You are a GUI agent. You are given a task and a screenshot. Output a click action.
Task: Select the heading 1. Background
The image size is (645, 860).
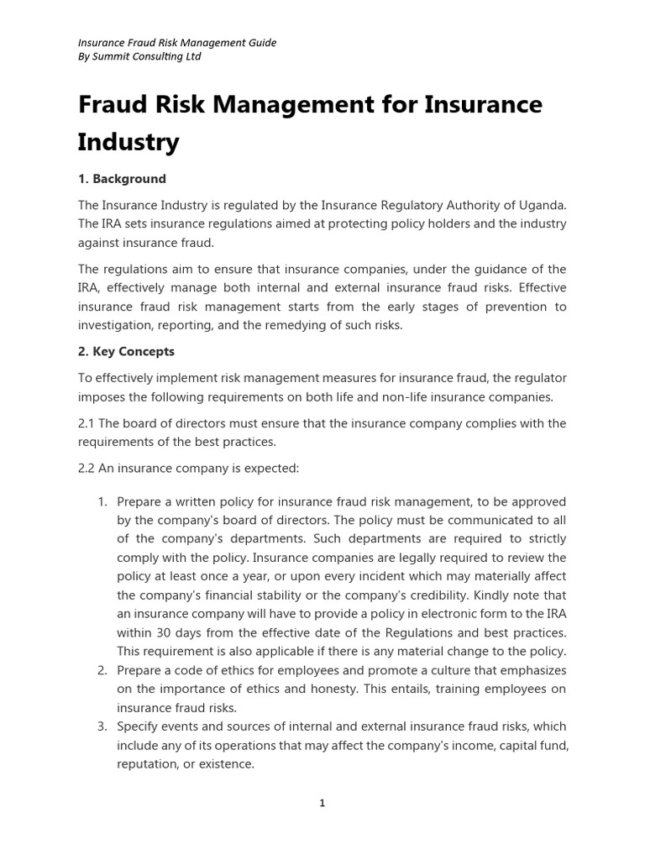(x=122, y=179)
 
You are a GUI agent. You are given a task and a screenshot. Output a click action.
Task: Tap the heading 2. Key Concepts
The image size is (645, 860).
(x=126, y=351)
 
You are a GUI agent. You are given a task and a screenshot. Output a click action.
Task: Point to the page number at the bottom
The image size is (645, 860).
(x=322, y=803)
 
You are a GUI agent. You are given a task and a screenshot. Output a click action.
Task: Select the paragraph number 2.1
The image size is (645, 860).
(x=87, y=422)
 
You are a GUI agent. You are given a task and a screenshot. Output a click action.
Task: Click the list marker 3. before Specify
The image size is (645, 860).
(x=102, y=726)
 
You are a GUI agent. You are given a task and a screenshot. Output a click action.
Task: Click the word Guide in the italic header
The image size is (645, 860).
(x=261, y=42)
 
